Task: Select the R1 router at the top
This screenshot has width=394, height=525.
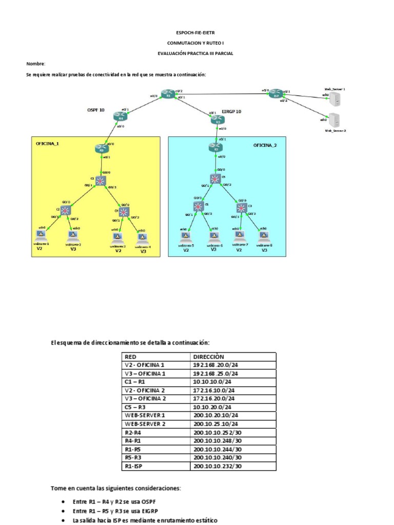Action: click(167, 94)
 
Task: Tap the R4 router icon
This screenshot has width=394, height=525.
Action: click(120, 117)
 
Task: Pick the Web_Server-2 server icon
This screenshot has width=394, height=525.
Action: click(333, 120)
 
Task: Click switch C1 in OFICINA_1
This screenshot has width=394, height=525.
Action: click(100, 180)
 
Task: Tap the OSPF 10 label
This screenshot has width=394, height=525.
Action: click(96, 110)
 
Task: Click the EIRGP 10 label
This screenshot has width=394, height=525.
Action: click(231, 111)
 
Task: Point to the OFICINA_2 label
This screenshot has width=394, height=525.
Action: click(265, 146)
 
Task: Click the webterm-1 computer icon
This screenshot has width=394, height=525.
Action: click(39, 236)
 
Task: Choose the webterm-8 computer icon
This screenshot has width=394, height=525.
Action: click(264, 236)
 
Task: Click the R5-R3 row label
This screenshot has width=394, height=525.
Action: click(134, 457)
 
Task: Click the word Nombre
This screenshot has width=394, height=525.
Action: click(36, 64)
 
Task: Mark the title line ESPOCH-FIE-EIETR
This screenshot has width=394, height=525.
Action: click(197, 32)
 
